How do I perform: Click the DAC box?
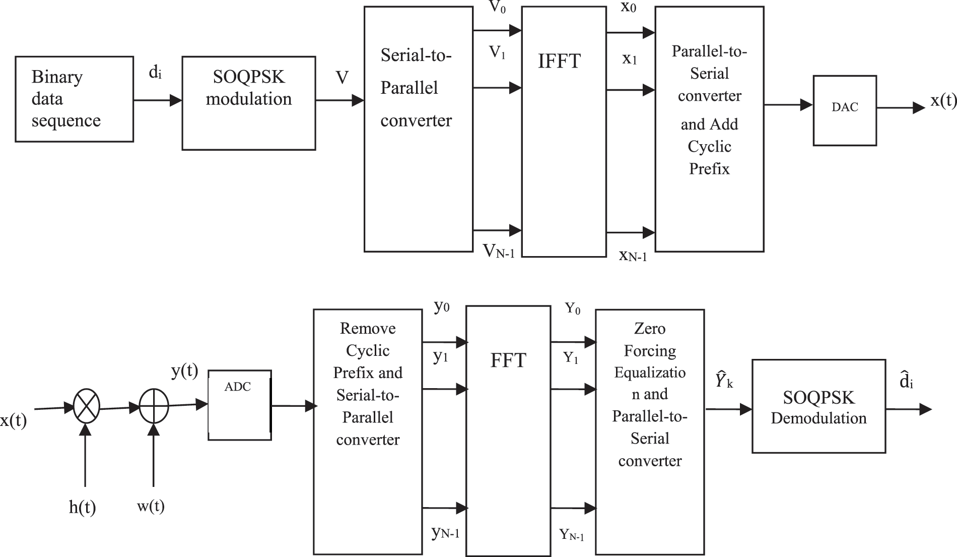coord(845,110)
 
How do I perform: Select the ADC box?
coord(240,405)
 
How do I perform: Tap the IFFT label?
coord(559,61)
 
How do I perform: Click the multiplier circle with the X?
coord(87,406)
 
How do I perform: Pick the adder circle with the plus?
coord(154,406)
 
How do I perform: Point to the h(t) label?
coord(82,507)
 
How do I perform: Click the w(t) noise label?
coord(151,506)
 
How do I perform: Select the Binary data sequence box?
coord(74,99)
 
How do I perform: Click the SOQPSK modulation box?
coord(248,103)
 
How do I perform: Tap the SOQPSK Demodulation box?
coord(818,406)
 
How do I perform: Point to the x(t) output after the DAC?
coord(943,101)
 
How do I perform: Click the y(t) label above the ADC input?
coord(184,371)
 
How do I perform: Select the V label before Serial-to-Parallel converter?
coord(342,78)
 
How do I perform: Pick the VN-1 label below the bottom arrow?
coord(499,251)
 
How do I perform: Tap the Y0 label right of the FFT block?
coord(572,308)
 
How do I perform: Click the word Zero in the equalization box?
coord(650,329)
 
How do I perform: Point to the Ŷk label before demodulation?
coord(723,381)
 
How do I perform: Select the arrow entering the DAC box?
coord(788,105)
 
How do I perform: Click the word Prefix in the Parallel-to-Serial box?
coord(709,168)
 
